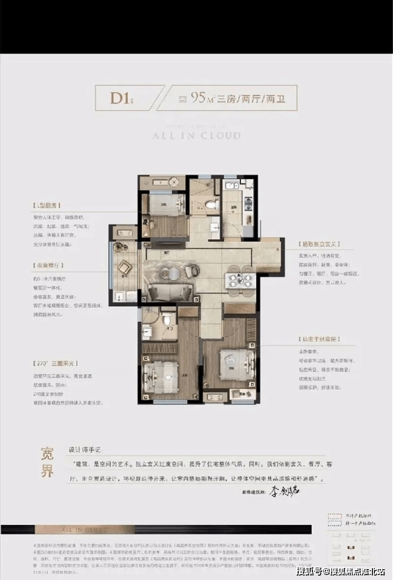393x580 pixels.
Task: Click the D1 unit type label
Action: (x=120, y=98)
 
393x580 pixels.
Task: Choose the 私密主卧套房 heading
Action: (x=319, y=339)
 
